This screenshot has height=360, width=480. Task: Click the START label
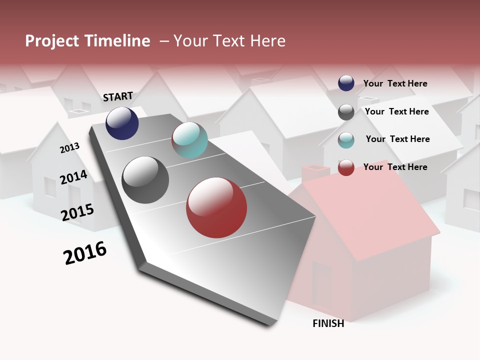pos(118,96)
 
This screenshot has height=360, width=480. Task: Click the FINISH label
pos(328,323)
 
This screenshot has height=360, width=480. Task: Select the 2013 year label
pos(69,148)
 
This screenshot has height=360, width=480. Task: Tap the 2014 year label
pos(73,177)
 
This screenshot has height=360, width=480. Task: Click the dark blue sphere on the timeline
pos(122,123)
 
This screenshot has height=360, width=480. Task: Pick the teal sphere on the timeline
pos(189,140)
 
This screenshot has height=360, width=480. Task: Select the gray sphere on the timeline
pos(145,180)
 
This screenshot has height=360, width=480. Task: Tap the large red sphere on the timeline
pos(216,208)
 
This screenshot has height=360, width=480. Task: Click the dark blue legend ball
pos(346,83)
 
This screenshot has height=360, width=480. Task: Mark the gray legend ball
pos(346,112)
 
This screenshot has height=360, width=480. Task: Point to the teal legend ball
pos(346,140)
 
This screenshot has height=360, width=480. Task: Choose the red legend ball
pos(346,167)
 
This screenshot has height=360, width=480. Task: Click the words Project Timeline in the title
pos(87,41)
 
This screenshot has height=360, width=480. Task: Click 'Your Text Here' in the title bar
pos(229,41)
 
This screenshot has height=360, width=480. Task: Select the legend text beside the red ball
pos(395,167)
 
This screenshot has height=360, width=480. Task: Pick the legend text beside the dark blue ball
pos(395,83)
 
